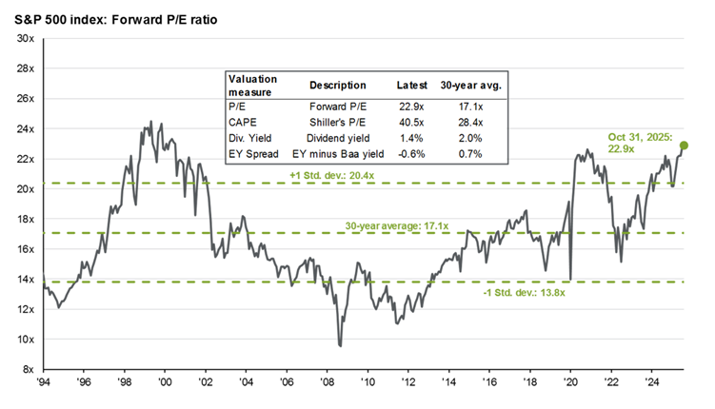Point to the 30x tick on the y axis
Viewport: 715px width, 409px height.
click(x=26, y=38)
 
